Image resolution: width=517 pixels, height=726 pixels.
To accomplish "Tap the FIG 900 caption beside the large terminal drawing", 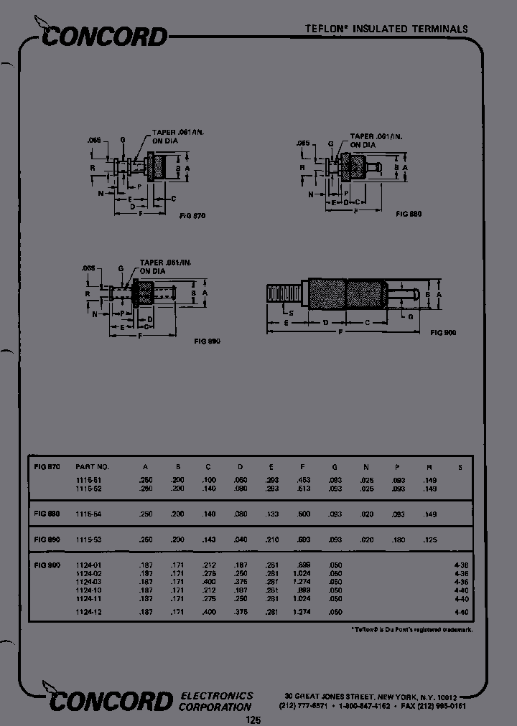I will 443,332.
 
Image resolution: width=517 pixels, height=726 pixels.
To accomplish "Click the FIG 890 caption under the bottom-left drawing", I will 206,341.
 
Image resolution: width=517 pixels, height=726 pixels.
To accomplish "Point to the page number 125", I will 254,720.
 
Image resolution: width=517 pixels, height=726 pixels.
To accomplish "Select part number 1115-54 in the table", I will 89,514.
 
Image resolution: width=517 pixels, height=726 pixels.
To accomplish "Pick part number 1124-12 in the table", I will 89,611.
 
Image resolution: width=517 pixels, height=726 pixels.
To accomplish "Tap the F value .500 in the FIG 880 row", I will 303,514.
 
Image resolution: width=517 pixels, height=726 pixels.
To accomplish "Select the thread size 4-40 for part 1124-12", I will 461,611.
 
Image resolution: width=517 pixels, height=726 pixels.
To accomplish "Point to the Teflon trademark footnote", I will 411,629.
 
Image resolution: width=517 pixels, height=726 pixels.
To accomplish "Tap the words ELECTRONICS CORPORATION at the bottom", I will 216,701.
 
